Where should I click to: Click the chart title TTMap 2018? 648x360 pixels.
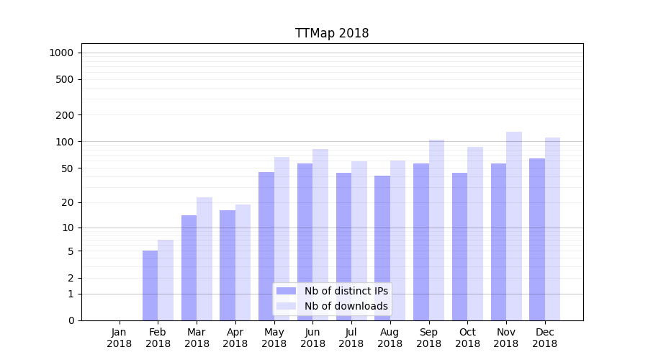point(332,33)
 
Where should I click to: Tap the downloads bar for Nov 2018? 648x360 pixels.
point(514,226)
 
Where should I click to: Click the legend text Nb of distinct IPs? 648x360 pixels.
point(346,291)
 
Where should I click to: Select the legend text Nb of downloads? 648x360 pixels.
point(346,306)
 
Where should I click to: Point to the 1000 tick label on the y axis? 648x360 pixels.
point(61,53)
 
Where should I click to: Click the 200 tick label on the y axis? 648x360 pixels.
point(66,115)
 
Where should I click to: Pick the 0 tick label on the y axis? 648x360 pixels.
point(71,320)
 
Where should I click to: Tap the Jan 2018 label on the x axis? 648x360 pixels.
point(120,338)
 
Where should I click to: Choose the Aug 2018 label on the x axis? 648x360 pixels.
point(390,338)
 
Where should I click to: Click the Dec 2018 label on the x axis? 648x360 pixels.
point(545,338)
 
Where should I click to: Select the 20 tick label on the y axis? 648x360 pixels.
point(68,202)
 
